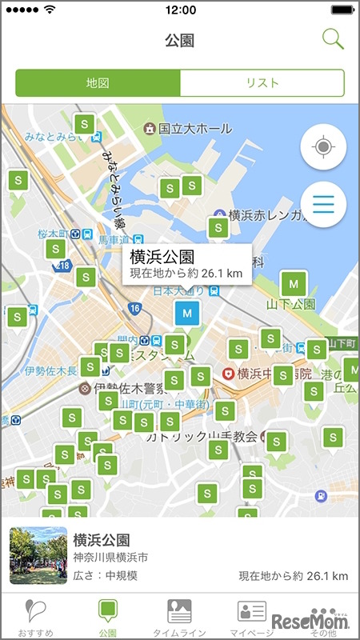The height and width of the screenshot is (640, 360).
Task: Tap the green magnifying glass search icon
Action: pos(333,38)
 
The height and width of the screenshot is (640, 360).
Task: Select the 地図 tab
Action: pos(98,83)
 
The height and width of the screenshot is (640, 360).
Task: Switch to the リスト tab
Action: pos(262,83)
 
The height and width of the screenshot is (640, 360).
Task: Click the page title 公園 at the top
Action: pos(180,40)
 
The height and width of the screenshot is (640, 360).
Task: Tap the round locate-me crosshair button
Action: pos(323,148)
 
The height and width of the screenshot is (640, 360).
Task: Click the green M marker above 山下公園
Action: pos(294,284)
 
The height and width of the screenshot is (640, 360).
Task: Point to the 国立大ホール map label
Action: pos(194,128)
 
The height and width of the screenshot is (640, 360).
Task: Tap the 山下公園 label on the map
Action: pos(292,305)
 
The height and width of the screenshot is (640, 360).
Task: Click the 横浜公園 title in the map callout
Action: pos(162,257)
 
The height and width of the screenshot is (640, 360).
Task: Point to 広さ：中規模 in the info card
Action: pos(106,575)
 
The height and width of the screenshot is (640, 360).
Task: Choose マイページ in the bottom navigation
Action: pos(251,617)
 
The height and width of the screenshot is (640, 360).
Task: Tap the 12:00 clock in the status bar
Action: pos(180,10)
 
